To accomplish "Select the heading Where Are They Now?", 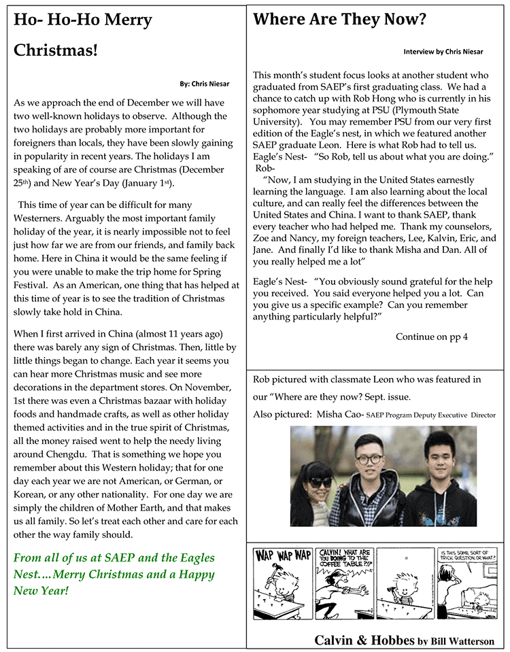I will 339,19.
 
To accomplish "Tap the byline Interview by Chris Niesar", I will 443,52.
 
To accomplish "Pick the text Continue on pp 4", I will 431,337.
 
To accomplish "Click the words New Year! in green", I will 41,590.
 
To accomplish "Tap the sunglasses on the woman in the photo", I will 320,481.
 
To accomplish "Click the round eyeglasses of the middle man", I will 367,460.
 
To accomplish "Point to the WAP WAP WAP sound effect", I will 284,555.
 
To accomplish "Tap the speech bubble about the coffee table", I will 343,562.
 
